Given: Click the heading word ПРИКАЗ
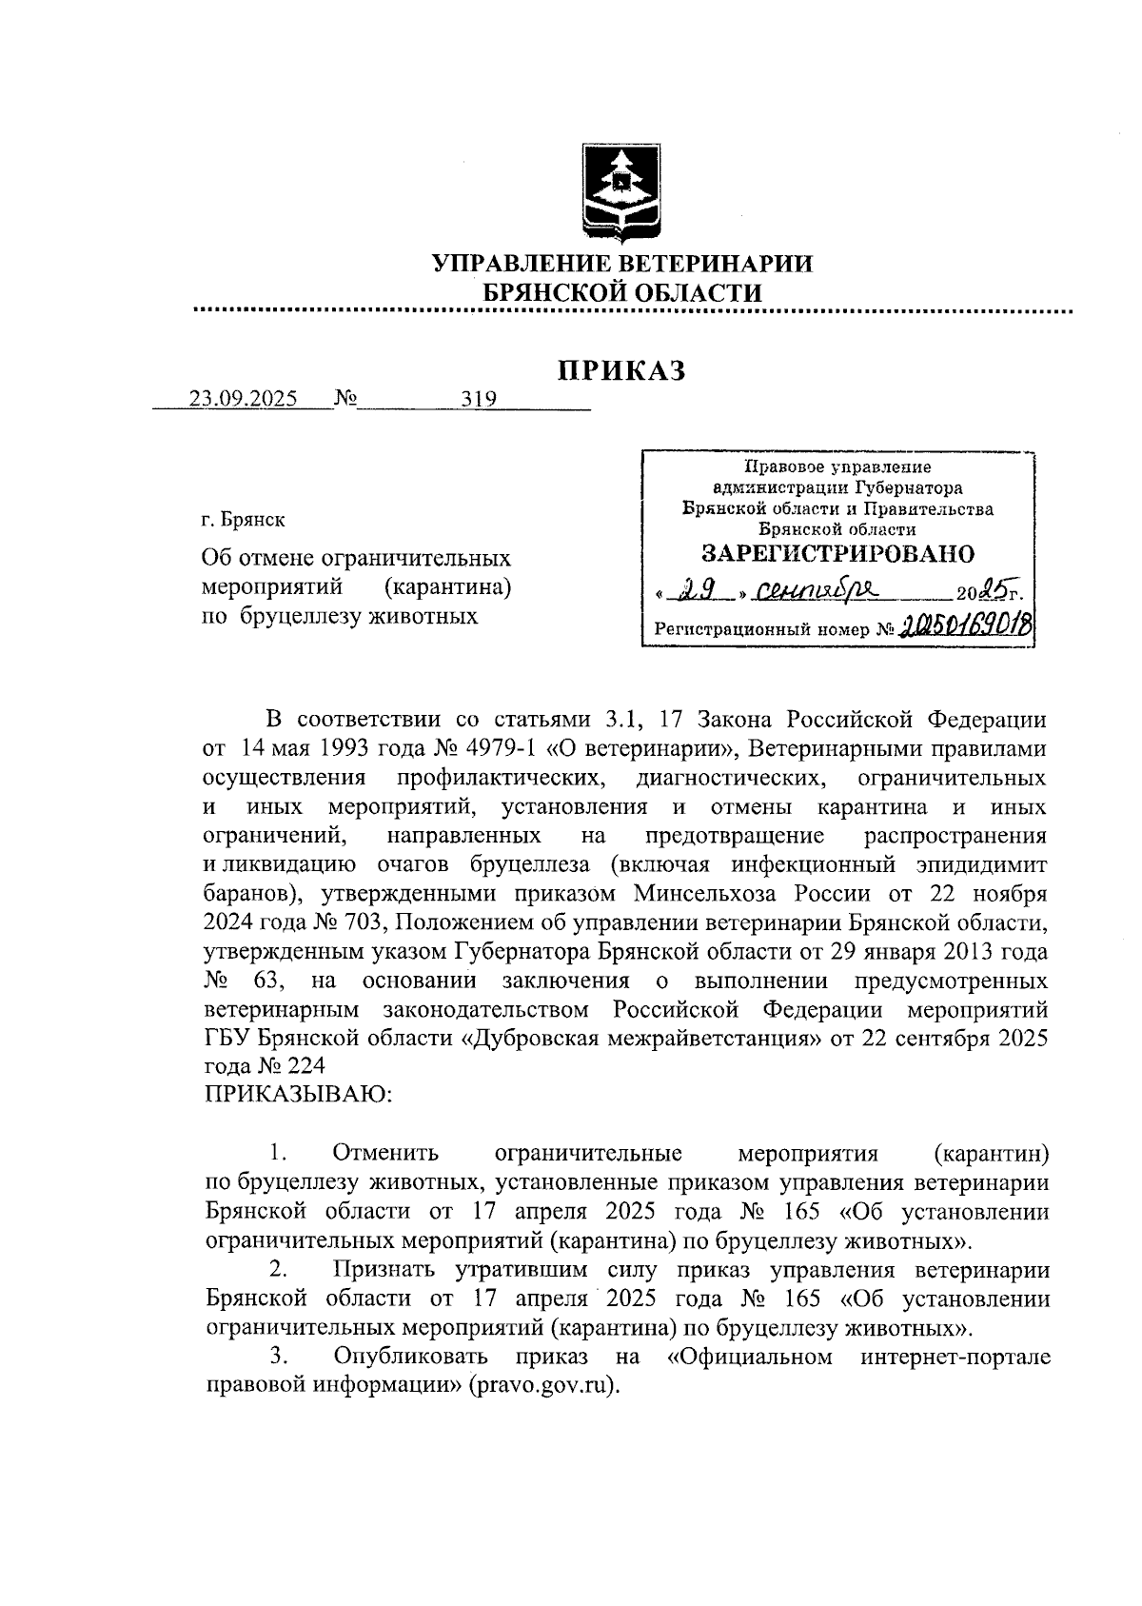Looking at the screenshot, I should click(621, 370).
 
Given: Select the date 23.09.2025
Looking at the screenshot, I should click(243, 399).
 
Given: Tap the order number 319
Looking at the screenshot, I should click(479, 400).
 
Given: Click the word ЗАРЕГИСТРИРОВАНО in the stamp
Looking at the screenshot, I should click(837, 554).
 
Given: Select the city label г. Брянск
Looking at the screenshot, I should click(243, 520).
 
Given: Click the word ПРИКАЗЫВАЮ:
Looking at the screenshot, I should click(298, 1095).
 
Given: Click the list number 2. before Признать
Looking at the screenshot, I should click(279, 1269).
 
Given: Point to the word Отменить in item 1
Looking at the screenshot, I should click(385, 1153).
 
